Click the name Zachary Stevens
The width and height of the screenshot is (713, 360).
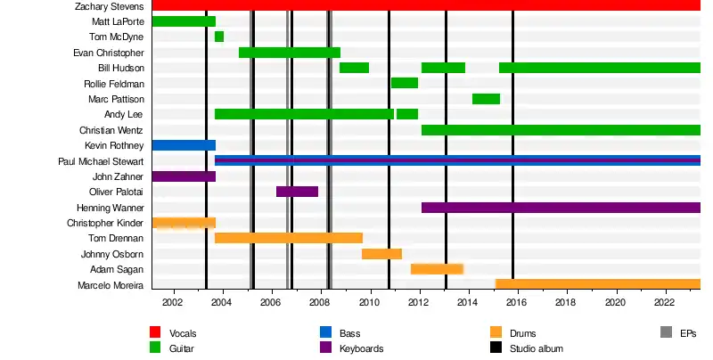(x=109, y=6)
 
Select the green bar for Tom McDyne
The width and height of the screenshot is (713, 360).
(x=219, y=37)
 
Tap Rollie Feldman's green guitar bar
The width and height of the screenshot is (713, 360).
(x=405, y=83)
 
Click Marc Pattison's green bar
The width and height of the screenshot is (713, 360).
(x=486, y=99)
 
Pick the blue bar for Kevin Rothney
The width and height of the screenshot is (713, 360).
(x=184, y=145)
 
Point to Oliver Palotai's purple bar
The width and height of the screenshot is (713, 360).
(x=297, y=192)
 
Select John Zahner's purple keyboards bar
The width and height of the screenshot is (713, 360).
(x=184, y=176)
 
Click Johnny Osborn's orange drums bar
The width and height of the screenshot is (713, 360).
(x=381, y=254)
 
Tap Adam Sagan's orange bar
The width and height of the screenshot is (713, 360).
(x=437, y=269)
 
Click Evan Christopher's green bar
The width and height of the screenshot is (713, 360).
(x=290, y=53)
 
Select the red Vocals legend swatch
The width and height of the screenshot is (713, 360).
(x=155, y=333)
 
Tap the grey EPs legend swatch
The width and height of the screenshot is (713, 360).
(x=665, y=333)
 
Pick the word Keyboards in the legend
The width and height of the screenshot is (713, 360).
(x=361, y=348)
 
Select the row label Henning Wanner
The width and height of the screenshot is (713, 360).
(x=111, y=208)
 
